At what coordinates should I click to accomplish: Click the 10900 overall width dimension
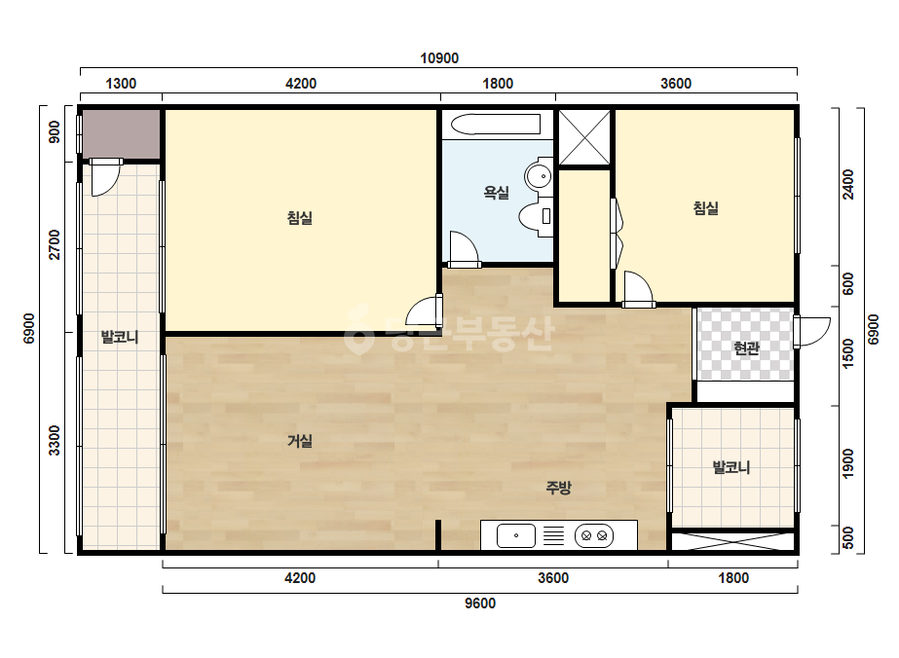[439, 57]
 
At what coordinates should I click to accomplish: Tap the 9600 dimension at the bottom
[480, 603]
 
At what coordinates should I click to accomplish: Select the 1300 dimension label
[121, 84]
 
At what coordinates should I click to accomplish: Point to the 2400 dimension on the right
[848, 185]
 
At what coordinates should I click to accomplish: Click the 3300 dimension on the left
[54, 440]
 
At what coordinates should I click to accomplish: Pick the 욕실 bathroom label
[497, 193]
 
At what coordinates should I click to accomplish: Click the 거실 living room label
[300, 441]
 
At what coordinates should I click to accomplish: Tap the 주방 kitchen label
[558, 488]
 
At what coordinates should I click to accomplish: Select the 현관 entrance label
[746, 347]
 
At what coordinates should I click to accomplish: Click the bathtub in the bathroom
[496, 125]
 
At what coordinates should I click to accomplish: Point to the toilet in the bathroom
[536, 217]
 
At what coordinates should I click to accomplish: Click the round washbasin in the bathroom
[539, 175]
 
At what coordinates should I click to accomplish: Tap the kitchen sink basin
[516, 536]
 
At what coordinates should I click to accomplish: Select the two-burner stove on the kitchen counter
[594, 536]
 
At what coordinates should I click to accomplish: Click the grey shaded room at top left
[122, 134]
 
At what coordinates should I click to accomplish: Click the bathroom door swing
[465, 249]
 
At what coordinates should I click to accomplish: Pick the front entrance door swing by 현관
[812, 332]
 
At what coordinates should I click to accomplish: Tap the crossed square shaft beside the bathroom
[584, 137]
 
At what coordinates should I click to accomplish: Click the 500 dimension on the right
[848, 537]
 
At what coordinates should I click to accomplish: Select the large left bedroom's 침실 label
[300, 218]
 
